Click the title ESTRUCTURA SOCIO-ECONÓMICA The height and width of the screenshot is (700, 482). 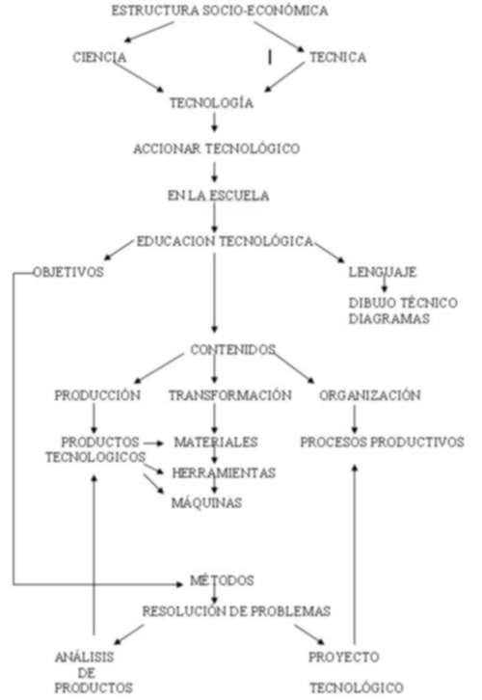(x=220, y=11)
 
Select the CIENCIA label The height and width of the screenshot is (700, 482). (x=99, y=57)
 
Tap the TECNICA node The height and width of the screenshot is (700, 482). (x=337, y=57)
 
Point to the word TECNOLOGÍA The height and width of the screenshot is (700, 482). (x=211, y=103)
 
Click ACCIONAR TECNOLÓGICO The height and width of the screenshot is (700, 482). (x=217, y=148)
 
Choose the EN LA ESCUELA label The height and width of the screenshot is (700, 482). (x=218, y=196)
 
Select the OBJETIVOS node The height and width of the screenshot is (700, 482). (x=68, y=272)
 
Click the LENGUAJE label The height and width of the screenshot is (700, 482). (x=383, y=272)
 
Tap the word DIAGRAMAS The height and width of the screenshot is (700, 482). (x=389, y=319)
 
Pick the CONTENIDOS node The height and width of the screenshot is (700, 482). (x=232, y=350)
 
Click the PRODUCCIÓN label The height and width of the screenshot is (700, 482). (x=97, y=395)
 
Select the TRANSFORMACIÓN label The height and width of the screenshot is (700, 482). (x=230, y=395)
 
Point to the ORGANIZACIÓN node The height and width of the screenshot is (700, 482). (x=370, y=395)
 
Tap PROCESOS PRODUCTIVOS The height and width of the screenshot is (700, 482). (x=382, y=442)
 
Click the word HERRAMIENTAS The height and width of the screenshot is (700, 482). (x=224, y=472)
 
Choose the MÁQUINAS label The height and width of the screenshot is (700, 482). (x=206, y=502)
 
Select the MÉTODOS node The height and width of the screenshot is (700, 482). (x=222, y=580)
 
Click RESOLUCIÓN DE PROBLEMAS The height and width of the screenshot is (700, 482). (x=236, y=611)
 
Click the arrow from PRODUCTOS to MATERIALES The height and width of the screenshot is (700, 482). (x=154, y=444)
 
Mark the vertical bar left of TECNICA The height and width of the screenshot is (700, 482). (x=270, y=57)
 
